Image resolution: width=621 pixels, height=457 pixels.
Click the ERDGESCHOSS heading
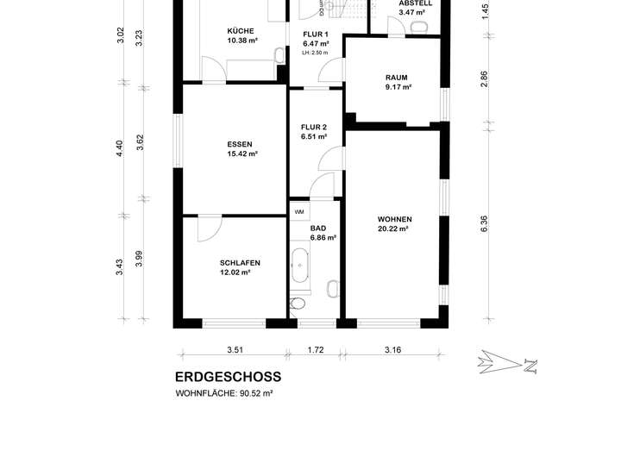[x=228, y=377]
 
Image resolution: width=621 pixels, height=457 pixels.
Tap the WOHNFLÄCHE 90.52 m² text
[x=224, y=394]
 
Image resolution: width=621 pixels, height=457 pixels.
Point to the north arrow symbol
[x=507, y=362]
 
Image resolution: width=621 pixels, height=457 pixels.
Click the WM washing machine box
[x=299, y=212]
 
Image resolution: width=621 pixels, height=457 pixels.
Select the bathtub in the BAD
[x=300, y=266]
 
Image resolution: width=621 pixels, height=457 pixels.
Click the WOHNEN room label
[x=394, y=219]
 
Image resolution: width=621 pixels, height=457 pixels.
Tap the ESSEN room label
[x=240, y=145]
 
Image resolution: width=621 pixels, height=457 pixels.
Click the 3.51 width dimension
[x=235, y=350]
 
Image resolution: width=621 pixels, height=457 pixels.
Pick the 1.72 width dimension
[x=316, y=350]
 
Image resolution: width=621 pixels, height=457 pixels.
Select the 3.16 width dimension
[x=393, y=350]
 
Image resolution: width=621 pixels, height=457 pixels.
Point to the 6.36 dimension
[x=484, y=223]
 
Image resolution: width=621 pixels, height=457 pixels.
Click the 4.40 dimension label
[x=120, y=148]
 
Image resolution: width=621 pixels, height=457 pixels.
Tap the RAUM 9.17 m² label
[x=398, y=82]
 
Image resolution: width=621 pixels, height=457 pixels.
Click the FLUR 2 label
[x=314, y=128]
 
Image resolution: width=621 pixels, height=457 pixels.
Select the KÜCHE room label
[x=241, y=31]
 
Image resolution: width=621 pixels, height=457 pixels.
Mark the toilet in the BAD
[x=298, y=304]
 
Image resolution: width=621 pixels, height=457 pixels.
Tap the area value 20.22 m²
[x=393, y=228]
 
